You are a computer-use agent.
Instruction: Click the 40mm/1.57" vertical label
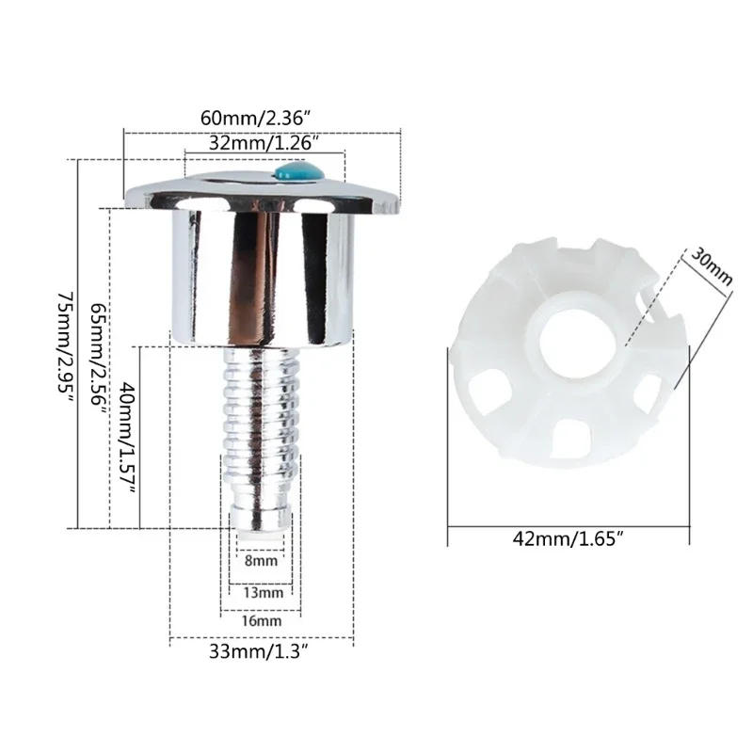(129, 439)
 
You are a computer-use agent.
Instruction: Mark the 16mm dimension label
(261, 621)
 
